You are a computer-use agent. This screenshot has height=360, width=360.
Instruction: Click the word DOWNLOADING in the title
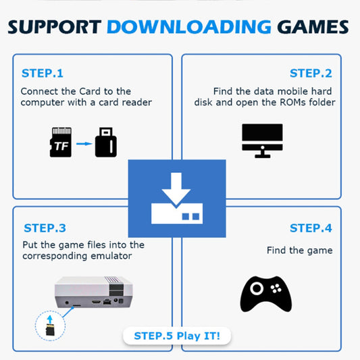tap(188, 27)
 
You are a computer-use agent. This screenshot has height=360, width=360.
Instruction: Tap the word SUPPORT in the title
tap(56, 27)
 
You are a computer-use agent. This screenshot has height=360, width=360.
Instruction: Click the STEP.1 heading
tap(42, 73)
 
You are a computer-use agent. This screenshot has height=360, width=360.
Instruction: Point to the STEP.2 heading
tap(311, 73)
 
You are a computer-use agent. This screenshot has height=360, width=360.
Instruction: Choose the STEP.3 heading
tap(45, 228)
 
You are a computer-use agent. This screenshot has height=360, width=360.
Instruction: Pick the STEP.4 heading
tap(311, 228)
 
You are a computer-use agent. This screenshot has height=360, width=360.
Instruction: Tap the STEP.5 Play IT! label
tap(177, 335)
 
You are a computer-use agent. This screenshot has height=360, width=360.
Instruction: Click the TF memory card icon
tap(61, 142)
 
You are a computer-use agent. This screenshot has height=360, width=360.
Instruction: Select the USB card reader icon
tap(105, 142)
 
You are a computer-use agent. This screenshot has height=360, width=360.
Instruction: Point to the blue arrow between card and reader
tap(83, 143)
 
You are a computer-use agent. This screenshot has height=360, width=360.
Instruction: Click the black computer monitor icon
tap(262, 140)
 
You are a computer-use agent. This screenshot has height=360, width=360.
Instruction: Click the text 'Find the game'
tap(299, 250)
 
